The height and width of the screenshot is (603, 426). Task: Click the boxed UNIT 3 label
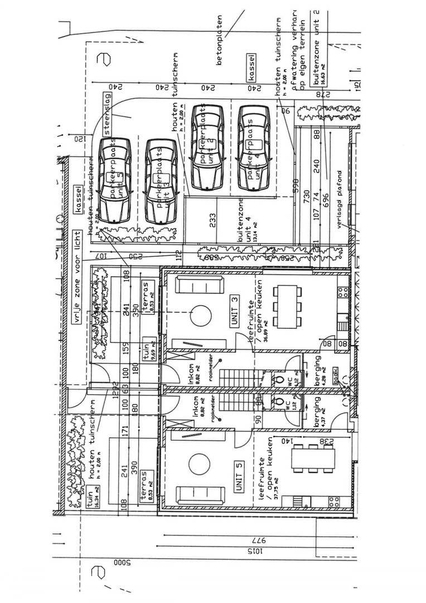235,312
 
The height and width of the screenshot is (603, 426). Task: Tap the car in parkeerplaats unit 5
114,180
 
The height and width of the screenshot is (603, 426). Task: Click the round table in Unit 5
199,464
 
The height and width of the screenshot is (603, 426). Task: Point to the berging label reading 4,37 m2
321,411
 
